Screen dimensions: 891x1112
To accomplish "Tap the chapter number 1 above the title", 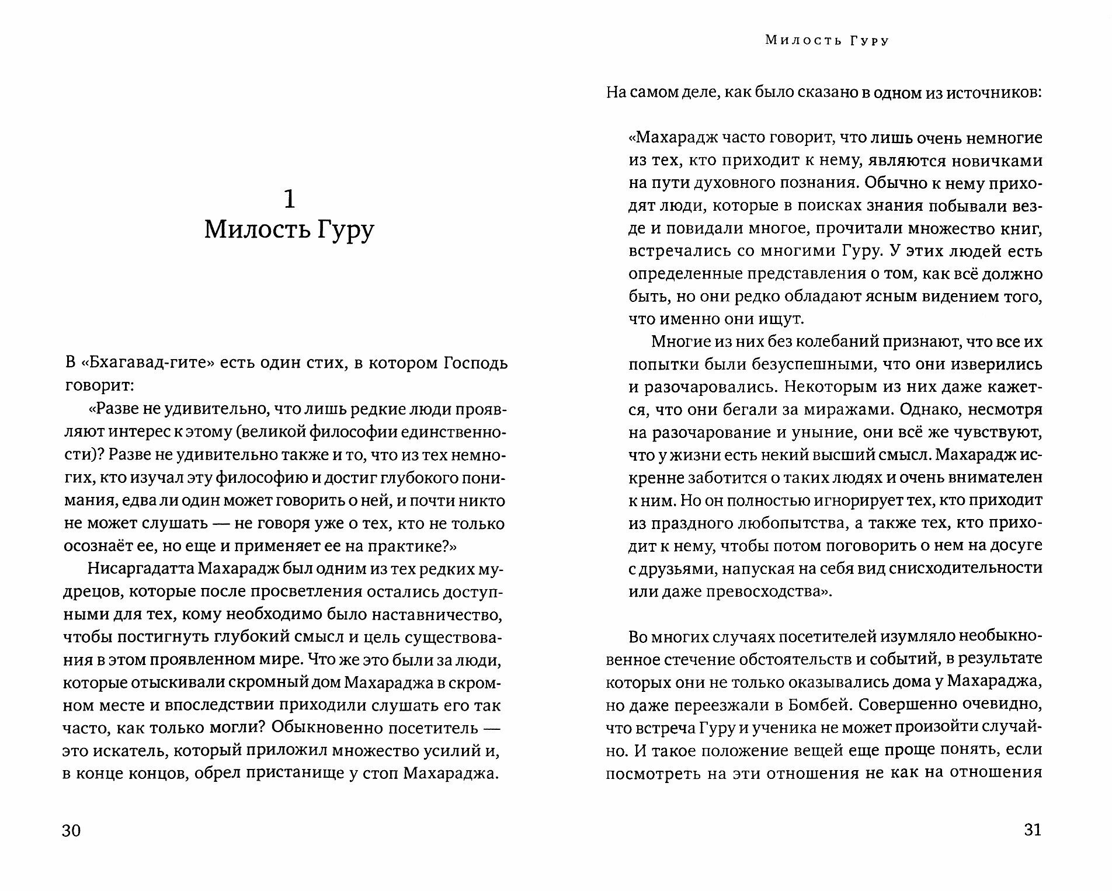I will click(x=289, y=200).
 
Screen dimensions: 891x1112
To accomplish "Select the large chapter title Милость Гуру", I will click(x=289, y=231).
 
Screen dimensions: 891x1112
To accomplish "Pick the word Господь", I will click(x=472, y=363).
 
